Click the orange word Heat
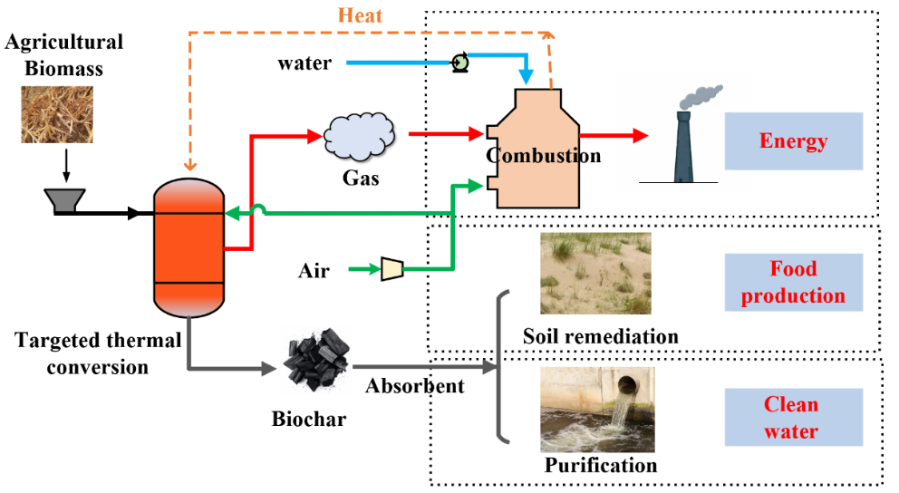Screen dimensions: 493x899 [x=361, y=15]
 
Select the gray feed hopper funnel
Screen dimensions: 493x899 [x=65, y=200]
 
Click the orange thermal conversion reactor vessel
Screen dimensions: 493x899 [x=188, y=243]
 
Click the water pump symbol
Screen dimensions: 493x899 [x=459, y=63]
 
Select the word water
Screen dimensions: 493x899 [x=304, y=63]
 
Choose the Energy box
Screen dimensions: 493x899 [x=793, y=141]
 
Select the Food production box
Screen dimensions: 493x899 [x=793, y=283]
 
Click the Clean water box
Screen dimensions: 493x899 [x=793, y=418]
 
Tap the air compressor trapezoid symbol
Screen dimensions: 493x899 [x=392, y=268]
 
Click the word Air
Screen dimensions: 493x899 [x=314, y=270]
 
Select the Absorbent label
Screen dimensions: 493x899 [x=414, y=386]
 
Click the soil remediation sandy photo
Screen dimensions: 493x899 [x=594, y=274]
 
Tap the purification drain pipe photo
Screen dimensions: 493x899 [x=596, y=410]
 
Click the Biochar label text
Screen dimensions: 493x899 [x=308, y=420]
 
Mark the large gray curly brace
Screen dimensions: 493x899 [x=502, y=366]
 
